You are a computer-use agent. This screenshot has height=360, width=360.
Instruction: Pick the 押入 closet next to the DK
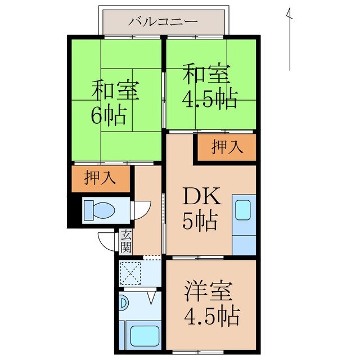[x=227, y=147]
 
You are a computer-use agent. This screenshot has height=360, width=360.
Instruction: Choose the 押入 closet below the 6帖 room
[x=100, y=178]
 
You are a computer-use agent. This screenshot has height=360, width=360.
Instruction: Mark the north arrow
[x=289, y=39]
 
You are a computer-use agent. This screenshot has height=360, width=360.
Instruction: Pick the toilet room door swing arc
[x=141, y=210]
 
